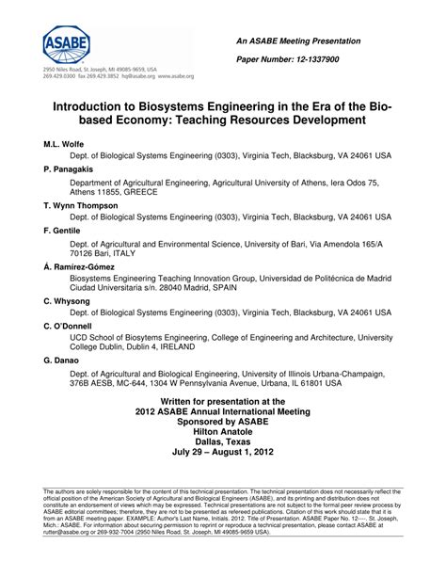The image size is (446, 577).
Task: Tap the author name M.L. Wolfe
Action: (63, 147)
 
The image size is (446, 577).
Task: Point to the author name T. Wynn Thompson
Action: (80, 204)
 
